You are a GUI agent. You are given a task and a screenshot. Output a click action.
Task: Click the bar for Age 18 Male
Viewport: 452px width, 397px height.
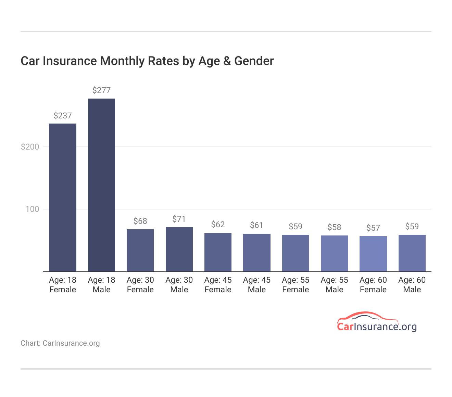pos(101,185)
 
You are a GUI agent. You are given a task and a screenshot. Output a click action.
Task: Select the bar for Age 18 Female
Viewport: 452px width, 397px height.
pos(63,197)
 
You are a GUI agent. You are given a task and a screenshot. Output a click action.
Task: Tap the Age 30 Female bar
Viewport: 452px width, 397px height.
pos(140,250)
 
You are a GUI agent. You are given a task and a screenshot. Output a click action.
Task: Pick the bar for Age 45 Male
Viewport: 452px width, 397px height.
pos(256,253)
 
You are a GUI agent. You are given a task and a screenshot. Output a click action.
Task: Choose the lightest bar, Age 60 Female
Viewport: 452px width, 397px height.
pos(373,254)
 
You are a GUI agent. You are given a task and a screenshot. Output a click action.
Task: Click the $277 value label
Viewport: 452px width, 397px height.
pos(101,90)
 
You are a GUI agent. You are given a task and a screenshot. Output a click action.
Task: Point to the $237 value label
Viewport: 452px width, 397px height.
pos(63,116)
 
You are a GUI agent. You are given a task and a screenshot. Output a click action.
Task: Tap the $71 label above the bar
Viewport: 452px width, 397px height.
pos(179,219)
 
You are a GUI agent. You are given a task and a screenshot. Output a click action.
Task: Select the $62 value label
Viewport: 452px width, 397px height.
pos(218,225)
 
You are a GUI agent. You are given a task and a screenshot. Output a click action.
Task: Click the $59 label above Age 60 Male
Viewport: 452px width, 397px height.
pos(412,227)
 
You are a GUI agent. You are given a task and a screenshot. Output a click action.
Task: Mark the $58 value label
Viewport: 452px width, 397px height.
pos(334,227)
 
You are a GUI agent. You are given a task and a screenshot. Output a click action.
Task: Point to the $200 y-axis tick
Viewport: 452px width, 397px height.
pos(30,147)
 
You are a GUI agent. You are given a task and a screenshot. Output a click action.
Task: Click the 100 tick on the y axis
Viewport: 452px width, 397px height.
pos(33,209)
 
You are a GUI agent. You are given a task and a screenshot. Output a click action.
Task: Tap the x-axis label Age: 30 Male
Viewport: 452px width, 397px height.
pos(179,285)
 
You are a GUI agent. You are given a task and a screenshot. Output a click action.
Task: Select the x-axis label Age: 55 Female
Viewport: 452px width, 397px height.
pos(296,285)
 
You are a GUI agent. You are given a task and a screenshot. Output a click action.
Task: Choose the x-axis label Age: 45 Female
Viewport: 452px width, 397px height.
pos(218,285)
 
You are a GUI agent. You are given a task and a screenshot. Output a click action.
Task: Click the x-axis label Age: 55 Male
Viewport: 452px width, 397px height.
pos(334,285)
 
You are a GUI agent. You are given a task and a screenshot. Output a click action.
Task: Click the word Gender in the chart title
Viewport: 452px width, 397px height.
pos(254,61)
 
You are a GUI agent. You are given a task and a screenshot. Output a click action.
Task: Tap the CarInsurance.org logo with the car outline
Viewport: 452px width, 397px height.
pos(377,322)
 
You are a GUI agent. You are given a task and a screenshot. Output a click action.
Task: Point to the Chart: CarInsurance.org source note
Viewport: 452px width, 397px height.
pos(60,343)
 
